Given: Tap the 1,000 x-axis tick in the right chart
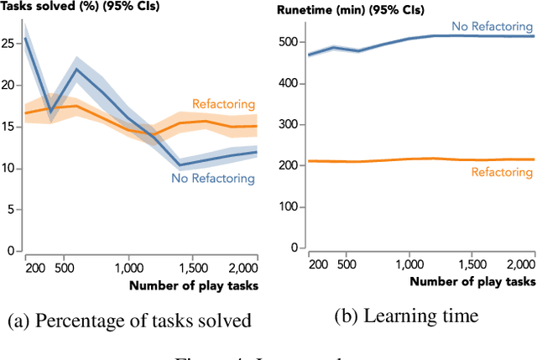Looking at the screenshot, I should pos(409,263).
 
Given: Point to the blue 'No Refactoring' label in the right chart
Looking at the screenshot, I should pos(492,27).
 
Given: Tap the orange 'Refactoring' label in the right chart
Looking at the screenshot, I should pos(502,172).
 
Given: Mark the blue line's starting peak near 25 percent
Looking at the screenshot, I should pos(26,39).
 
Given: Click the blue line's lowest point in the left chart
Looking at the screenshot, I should pos(180,164).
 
